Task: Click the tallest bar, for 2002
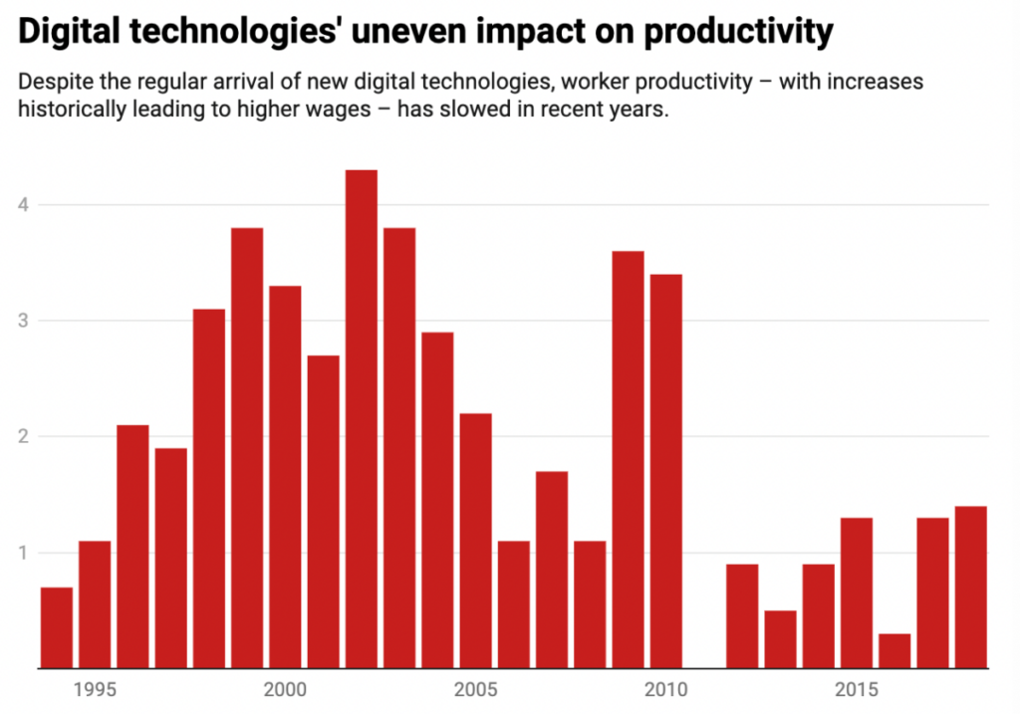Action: (x=362, y=418)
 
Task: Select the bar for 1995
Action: (x=95, y=603)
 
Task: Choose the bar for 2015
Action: (x=857, y=593)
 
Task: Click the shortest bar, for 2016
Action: (x=894, y=650)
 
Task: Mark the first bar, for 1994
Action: (x=57, y=627)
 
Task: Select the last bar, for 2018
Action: (x=970, y=587)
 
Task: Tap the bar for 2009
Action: (x=628, y=459)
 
